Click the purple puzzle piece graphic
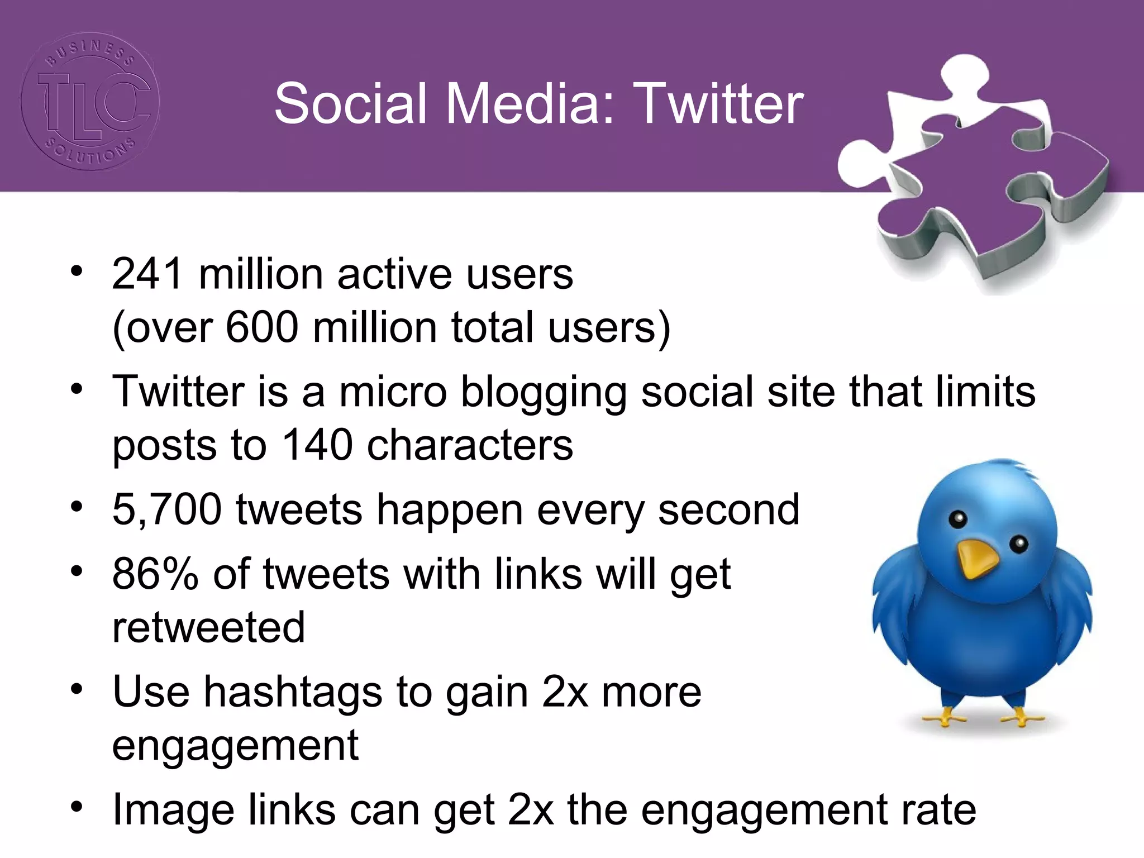[x=972, y=179]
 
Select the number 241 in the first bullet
[x=147, y=274]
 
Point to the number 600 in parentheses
[x=262, y=327]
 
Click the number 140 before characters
[x=317, y=445]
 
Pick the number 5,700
[x=166, y=510]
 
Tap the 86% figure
[x=155, y=574]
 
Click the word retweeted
[x=208, y=627]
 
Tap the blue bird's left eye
[x=958, y=519]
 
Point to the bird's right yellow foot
[x=1022, y=718]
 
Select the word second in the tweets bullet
[x=729, y=510]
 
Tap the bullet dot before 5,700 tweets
[x=77, y=507]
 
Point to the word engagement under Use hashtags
[x=235, y=746]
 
